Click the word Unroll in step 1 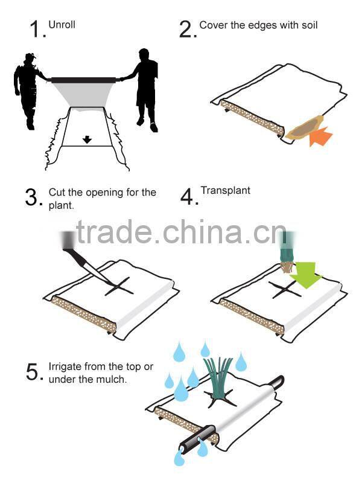[62, 25]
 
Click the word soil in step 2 [310, 25]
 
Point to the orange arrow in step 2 [320, 136]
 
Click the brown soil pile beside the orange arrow [304, 129]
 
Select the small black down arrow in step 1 [87, 140]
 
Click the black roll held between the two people [83, 80]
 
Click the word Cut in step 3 [57, 193]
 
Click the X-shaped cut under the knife [119, 287]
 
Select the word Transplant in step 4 [226, 191]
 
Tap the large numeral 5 [32, 371]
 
